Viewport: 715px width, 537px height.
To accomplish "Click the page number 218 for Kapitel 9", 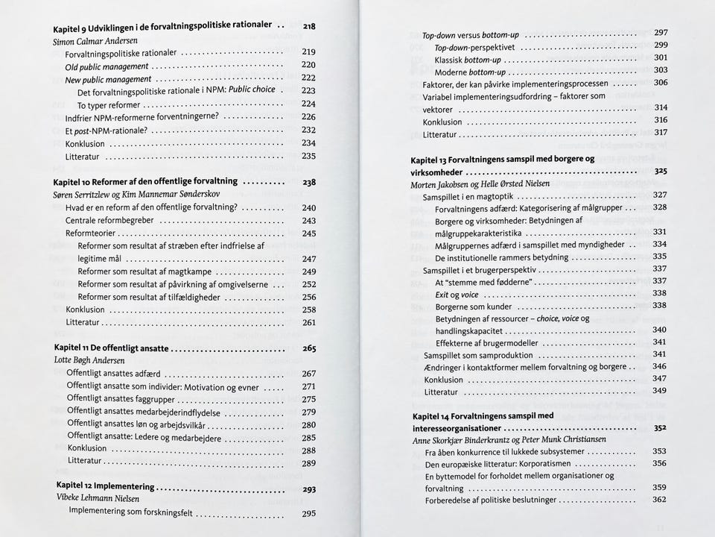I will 309,26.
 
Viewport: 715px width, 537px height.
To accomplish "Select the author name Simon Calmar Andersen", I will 96,41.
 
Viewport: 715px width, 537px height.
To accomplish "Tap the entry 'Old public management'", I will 107,66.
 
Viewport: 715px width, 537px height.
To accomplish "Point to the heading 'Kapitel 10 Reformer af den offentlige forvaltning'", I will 146,181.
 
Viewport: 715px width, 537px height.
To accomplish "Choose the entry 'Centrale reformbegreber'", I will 109,221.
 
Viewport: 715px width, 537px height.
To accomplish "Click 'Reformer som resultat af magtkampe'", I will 145,271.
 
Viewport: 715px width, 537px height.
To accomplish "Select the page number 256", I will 309,297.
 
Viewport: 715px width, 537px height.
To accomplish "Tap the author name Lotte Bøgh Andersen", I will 96,359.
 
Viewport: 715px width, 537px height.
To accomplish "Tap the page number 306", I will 661,83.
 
